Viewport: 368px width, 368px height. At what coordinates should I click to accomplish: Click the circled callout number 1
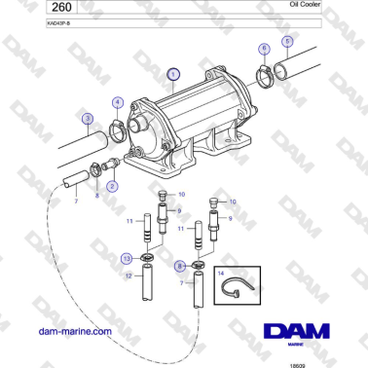[173, 73]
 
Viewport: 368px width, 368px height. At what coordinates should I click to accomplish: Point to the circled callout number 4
[117, 101]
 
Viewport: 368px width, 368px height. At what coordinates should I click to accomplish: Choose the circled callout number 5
[286, 42]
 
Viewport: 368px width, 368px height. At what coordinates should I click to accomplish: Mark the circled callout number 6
[263, 49]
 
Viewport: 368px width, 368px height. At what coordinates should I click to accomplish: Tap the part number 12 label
[129, 276]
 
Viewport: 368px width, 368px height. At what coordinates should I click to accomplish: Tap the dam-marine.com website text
[71, 332]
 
